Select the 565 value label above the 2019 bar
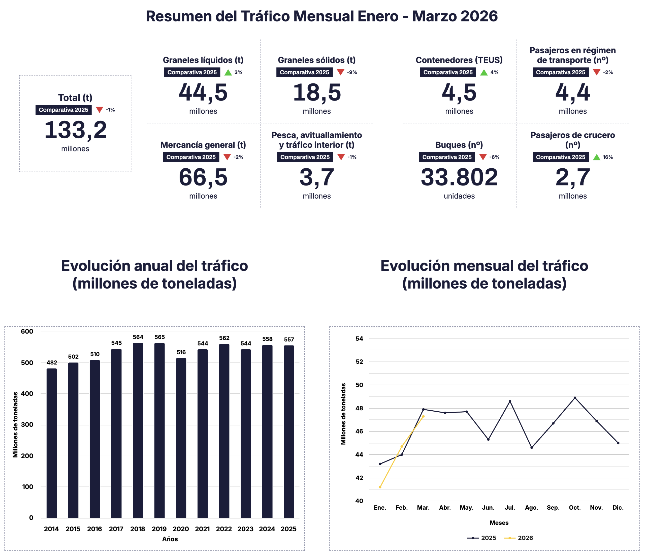[159, 337]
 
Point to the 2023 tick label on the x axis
[245, 529]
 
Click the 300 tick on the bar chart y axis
[27, 424]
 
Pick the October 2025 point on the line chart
[575, 398]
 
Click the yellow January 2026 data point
[380, 487]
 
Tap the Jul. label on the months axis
[510, 508]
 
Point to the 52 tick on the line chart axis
[359, 361]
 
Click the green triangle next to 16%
[596, 157]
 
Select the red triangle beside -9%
[341, 72]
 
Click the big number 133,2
[75, 130]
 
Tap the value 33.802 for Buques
[459, 177]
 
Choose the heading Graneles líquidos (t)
[203, 60]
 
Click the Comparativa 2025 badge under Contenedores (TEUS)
[448, 72]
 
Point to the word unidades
[459, 196]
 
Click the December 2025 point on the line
[618, 443]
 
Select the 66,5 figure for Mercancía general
[203, 177]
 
